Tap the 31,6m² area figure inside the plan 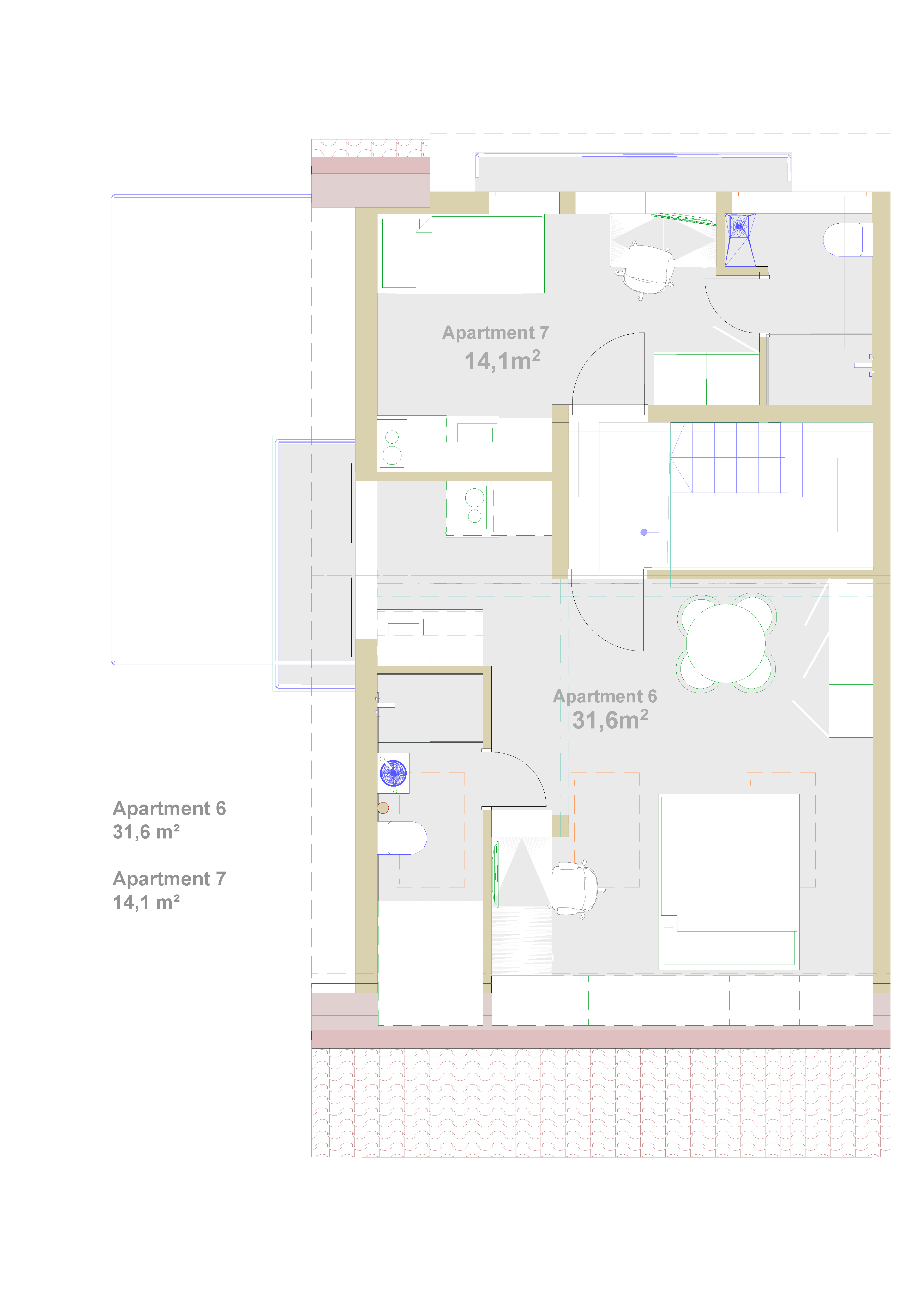pyautogui.click(x=610, y=720)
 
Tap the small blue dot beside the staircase pyautogui.click(x=644, y=532)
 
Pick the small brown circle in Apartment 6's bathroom pyautogui.click(x=383, y=808)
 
